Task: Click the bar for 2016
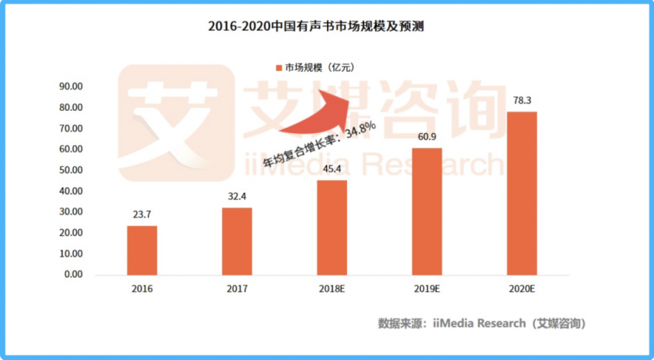coord(142,250)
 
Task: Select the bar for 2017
coord(236,241)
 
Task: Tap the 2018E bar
coord(332,227)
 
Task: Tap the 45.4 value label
coord(332,170)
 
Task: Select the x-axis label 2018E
coord(332,288)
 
